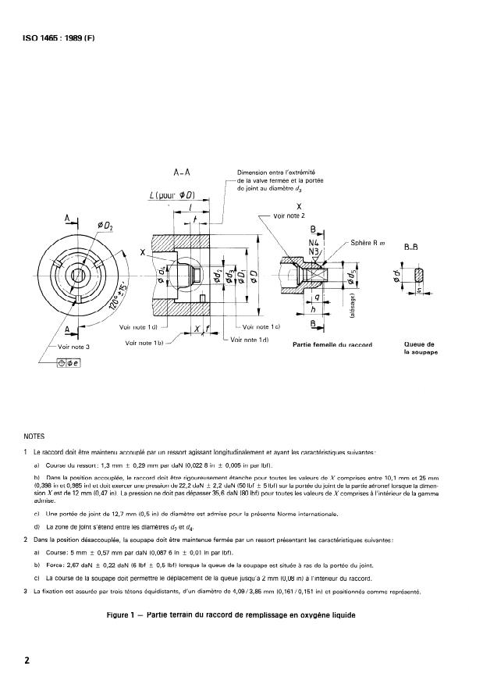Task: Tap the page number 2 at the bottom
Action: pyautogui.click(x=27, y=660)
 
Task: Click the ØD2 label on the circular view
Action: pyautogui.click(x=105, y=226)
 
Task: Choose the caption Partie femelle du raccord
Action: pyautogui.click(x=331, y=344)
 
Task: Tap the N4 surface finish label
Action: pyautogui.click(x=312, y=244)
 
